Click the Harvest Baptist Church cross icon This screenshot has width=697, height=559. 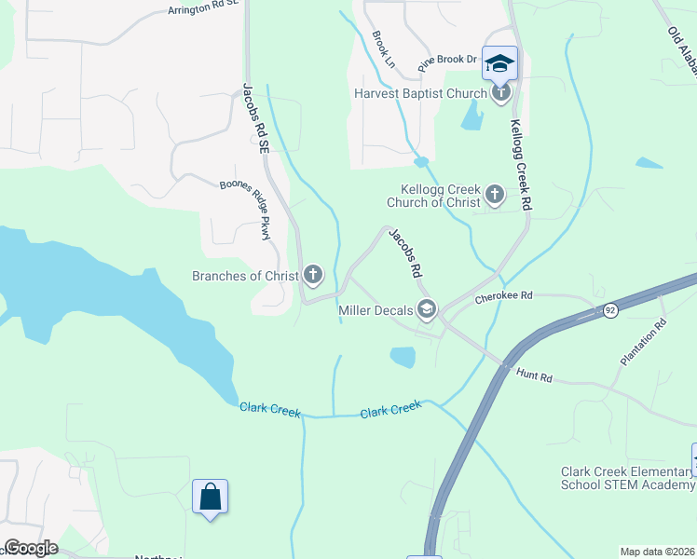point(501,92)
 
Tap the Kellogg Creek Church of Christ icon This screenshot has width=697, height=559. point(494,195)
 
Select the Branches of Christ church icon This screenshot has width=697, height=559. point(313,275)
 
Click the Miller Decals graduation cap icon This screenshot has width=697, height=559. point(427,310)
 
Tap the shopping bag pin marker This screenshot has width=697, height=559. point(210,498)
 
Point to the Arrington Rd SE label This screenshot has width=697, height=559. point(203,8)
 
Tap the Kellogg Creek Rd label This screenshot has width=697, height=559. point(519,163)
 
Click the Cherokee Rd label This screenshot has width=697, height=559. point(503,296)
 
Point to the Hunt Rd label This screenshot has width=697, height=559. point(535,376)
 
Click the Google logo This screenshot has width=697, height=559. point(30,548)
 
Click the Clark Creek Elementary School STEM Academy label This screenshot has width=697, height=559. point(627,478)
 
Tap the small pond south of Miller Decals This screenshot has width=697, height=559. point(403,357)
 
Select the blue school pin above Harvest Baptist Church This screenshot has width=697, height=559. point(499,63)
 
